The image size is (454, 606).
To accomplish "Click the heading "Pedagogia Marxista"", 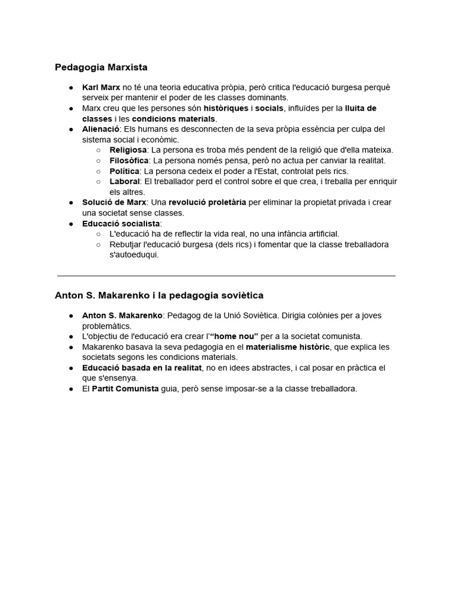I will click(x=101, y=67).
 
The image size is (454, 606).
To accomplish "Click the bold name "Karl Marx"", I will click(x=101, y=88).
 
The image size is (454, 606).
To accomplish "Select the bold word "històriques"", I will click(x=226, y=109).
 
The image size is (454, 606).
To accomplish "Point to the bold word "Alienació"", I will click(x=100, y=129).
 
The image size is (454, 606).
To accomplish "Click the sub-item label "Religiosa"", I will click(x=128, y=150).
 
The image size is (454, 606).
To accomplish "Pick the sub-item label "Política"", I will click(x=125, y=171).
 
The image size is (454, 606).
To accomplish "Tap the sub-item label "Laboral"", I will click(x=125, y=181).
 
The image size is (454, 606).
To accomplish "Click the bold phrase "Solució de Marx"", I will click(x=114, y=202).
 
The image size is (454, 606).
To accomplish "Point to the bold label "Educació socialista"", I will click(x=121, y=224).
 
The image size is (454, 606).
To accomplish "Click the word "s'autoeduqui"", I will click(x=134, y=255).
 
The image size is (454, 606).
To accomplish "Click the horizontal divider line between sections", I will click(x=226, y=276).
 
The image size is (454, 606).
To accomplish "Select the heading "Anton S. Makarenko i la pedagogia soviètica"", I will click(x=159, y=295).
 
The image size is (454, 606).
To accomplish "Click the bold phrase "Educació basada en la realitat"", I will click(x=142, y=368).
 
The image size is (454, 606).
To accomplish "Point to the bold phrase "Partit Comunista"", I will click(x=125, y=389).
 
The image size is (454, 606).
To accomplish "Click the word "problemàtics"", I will click(x=106, y=326).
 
